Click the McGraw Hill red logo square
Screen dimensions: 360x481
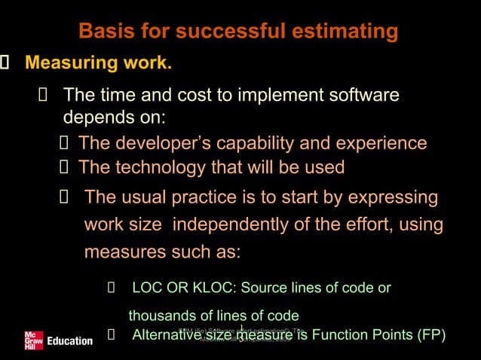[x=33, y=340]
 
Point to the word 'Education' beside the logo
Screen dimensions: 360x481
[x=69, y=341]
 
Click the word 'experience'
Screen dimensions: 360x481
[x=377, y=143]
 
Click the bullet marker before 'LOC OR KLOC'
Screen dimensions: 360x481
[x=111, y=288]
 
